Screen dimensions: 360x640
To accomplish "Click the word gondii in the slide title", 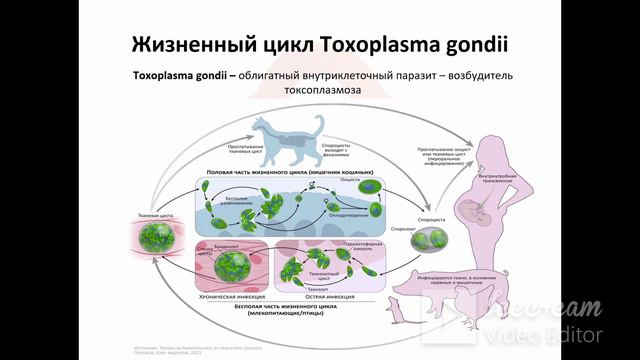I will coord(469,47).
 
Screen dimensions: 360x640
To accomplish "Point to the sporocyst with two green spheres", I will coord(438,241).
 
